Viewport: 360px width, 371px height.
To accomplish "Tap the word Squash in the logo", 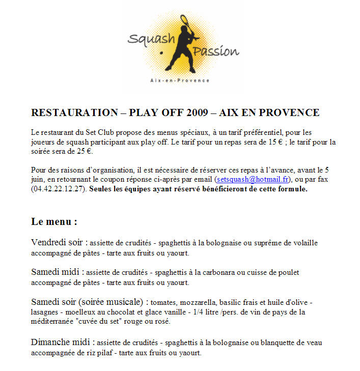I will pos(144,39).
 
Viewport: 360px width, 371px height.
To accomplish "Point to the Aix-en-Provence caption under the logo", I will pos(180,80).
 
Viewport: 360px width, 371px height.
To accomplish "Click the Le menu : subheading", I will pos(54,222).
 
